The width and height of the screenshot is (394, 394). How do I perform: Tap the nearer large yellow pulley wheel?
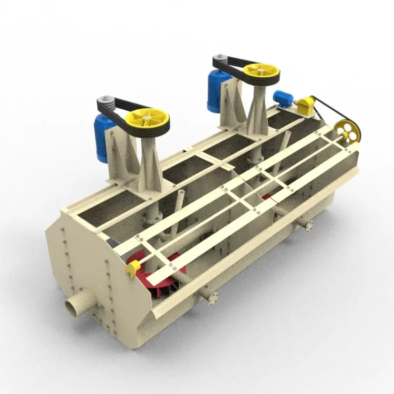click(x=148, y=120)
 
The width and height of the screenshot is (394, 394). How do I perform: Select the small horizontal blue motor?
click(x=283, y=98)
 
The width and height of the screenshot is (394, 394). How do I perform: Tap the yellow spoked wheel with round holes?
click(x=348, y=130)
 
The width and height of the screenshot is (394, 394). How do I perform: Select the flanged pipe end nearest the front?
click(x=212, y=298)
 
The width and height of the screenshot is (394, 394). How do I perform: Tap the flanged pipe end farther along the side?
click(x=308, y=225)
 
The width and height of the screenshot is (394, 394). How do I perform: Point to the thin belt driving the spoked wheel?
click(x=328, y=113)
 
